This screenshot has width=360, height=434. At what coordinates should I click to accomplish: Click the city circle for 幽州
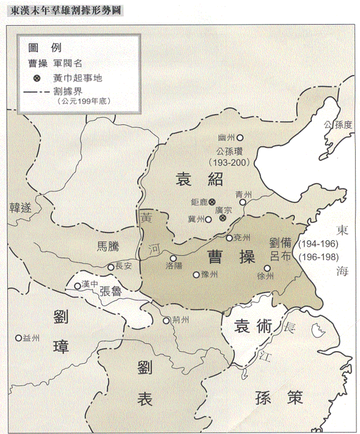click(240, 137)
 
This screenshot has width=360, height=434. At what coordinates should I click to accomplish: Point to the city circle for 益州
click(19, 337)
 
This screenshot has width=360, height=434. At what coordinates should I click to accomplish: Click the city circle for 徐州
click(266, 268)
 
